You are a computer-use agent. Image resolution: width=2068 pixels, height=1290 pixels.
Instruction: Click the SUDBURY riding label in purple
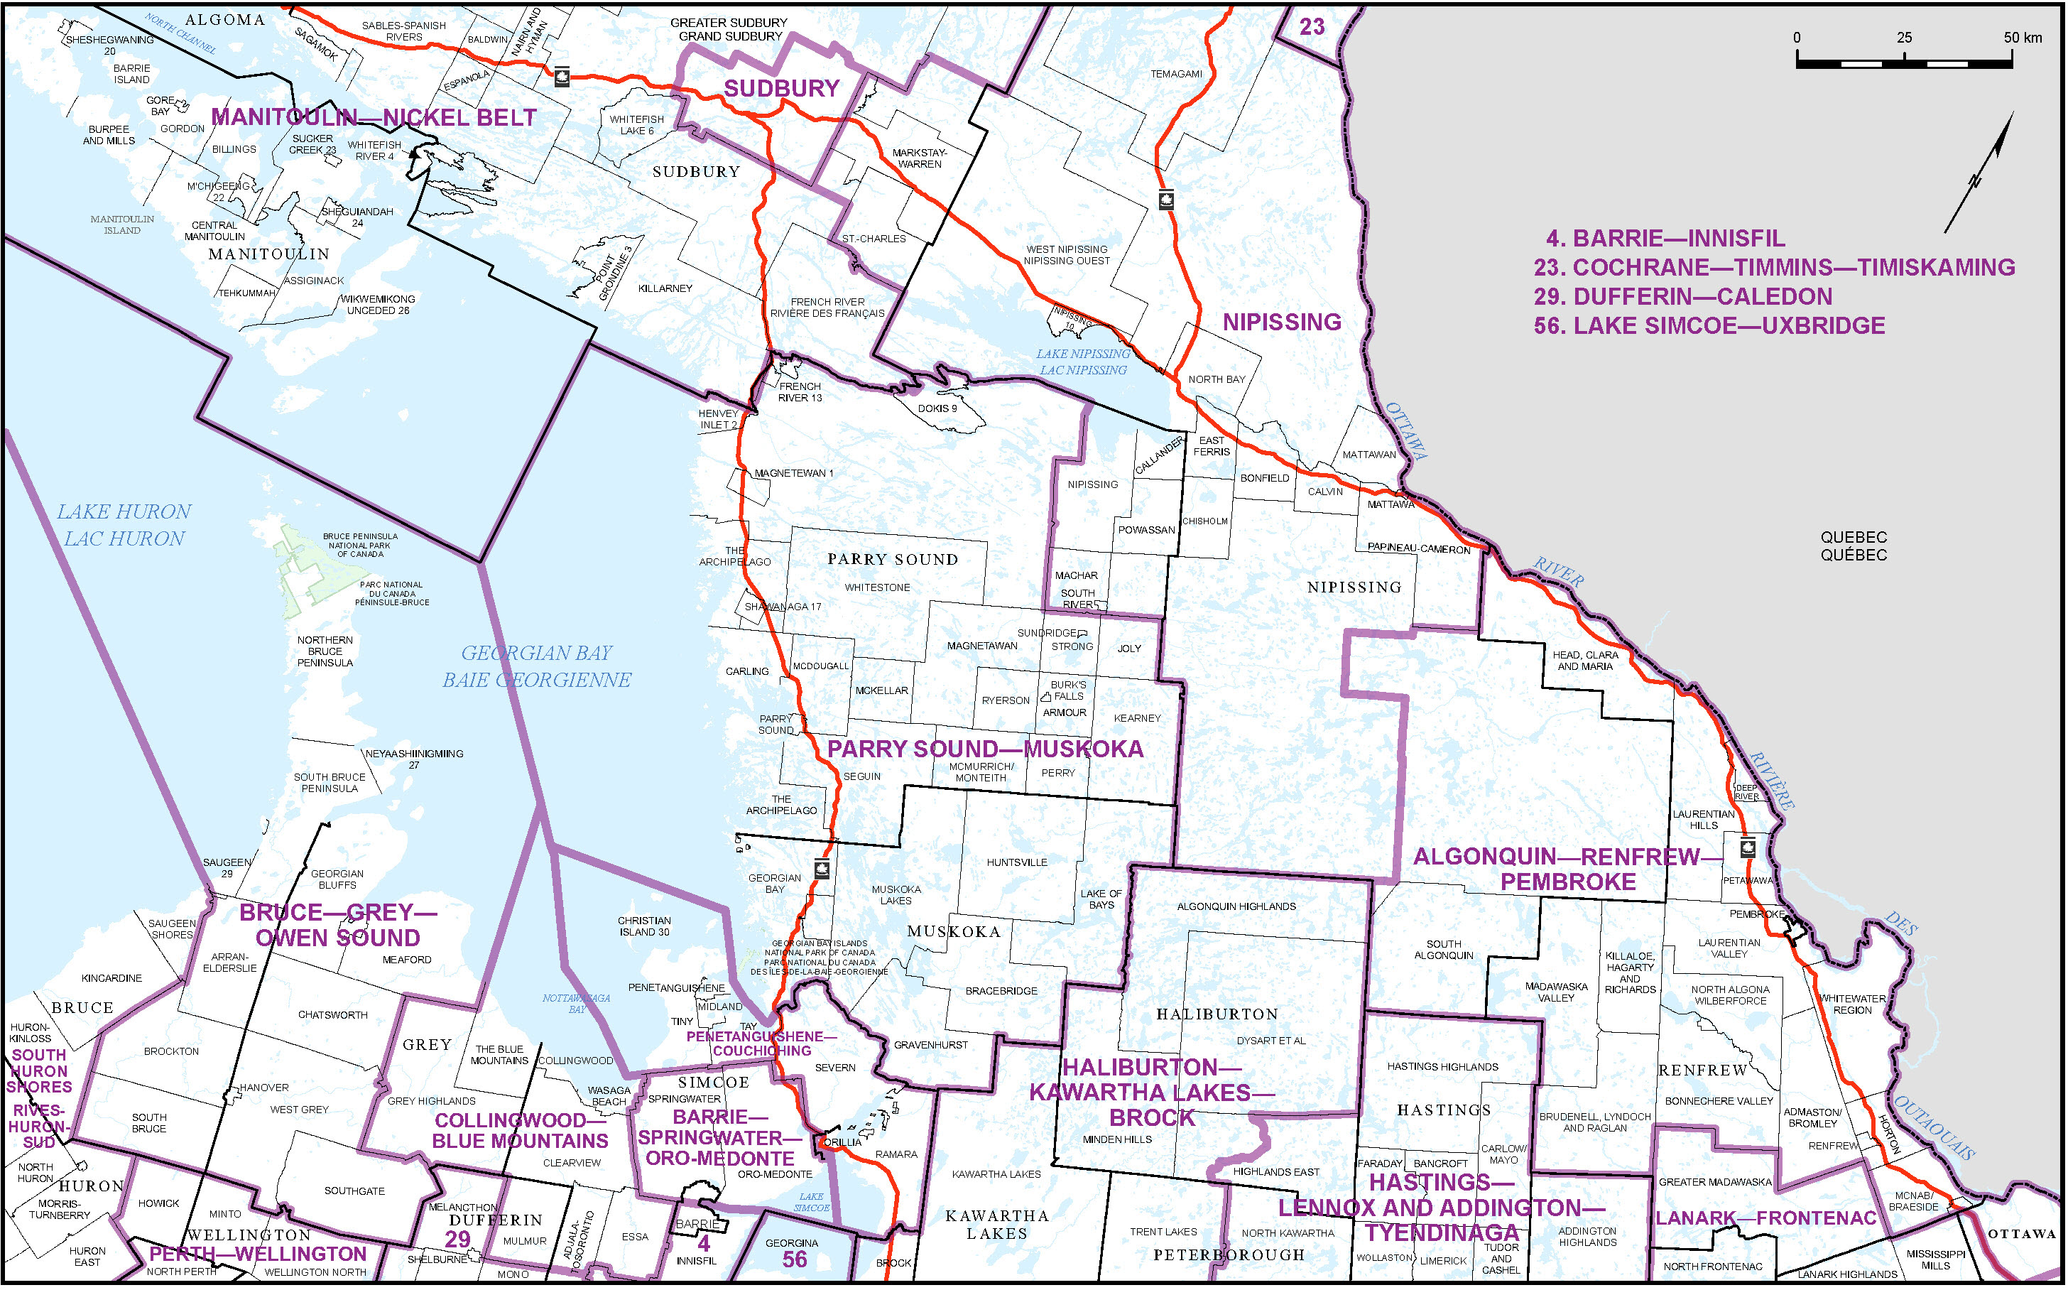(x=781, y=88)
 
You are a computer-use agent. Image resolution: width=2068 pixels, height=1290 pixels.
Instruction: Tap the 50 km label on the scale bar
(x=2022, y=38)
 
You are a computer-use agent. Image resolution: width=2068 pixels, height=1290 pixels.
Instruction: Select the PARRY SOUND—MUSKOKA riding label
(x=985, y=749)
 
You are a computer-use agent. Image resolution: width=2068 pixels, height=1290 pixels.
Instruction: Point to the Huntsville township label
(x=1016, y=862)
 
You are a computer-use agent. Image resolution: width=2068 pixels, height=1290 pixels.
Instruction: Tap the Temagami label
(x=1176, y=74)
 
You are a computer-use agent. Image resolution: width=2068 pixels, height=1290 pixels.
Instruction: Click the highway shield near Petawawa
(x=1746, y=849)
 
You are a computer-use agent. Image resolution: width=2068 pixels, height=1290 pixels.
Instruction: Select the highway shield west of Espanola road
(x=561, y=77)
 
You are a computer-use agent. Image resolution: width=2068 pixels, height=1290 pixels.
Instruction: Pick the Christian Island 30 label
(x=644, y=926)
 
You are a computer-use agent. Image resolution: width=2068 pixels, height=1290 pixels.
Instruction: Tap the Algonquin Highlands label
(x=1236, y=907)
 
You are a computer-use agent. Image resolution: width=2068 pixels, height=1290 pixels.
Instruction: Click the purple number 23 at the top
(x=1312, y=26)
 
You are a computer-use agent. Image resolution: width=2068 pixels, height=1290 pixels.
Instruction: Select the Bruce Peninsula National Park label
(x=360, y=545)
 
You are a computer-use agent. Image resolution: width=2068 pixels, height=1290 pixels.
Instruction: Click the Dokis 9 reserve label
(x=937, y=408)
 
